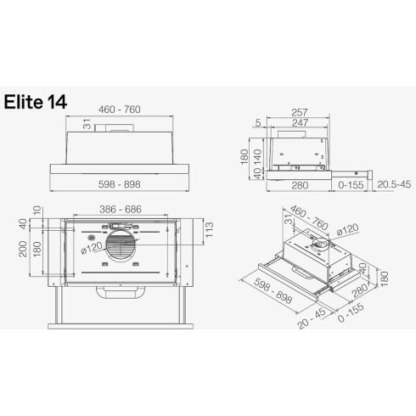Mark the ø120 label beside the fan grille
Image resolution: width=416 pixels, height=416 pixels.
click(89, 247)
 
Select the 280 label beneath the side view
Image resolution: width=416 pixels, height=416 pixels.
click(298, 184)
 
